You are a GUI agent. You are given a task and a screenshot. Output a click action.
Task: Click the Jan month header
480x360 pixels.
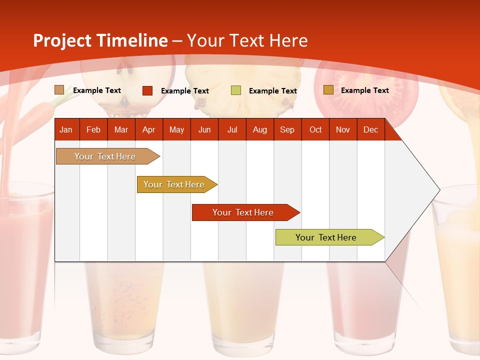pos(66,129)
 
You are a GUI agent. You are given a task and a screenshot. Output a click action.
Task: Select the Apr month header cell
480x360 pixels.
pos(148,129)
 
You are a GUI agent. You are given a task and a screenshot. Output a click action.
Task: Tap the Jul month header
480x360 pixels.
pos(232,129)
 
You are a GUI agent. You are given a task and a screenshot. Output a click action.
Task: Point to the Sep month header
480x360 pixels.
pos(287,129)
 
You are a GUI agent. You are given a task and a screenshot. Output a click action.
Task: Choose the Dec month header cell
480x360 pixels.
pos(370,129)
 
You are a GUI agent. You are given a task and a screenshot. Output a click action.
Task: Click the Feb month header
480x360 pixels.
pos(93,129)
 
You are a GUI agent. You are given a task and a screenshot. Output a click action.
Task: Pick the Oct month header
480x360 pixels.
pos(315,129)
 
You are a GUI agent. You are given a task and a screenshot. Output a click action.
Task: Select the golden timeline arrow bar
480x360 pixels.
pos(175,184)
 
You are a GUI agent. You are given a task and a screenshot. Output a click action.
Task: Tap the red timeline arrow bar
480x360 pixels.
pos(244,212)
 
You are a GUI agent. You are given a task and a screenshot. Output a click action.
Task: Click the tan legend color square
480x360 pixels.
pos(59,90)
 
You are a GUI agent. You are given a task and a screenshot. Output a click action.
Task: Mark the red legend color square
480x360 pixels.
pos(147,90)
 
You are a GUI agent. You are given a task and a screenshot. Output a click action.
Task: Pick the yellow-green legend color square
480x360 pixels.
pos(236,90)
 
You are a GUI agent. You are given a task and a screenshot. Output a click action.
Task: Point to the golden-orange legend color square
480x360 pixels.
pos(328,90)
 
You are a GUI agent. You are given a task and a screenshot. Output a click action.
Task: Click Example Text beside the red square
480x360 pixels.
pos(184,91)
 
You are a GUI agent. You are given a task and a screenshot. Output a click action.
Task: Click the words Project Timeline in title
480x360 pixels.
pos(100,40)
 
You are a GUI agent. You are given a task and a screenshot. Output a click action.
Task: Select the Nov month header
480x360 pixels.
pos(343,129)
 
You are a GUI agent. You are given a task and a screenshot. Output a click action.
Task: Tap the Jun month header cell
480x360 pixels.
pos(204,129)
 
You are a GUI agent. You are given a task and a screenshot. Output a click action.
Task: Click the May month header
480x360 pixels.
pos(176,129)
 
